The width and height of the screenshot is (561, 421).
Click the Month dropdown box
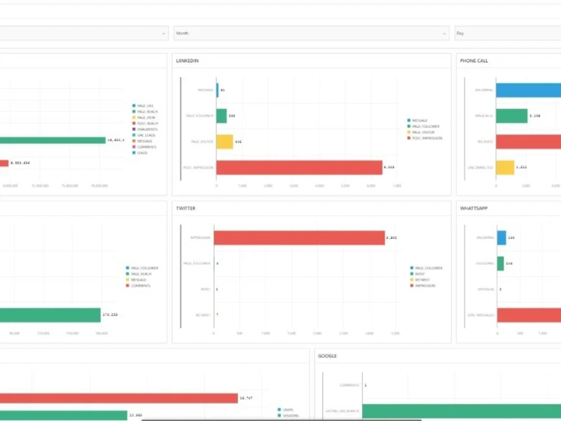coord(311,34)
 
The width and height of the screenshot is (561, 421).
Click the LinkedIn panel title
coord(187,61)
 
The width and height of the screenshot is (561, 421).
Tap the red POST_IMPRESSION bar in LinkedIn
coord(299,167)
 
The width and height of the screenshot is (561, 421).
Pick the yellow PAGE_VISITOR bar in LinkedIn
coord(224,141)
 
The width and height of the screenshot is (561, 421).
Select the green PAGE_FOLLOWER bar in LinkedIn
coord(222,116)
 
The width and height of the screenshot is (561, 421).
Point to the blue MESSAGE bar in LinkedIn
coord(218,90)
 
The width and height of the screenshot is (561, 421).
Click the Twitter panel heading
coord(186,208)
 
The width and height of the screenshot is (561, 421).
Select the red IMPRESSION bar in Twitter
coord(299,237)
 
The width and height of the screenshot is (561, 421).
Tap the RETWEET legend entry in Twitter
coord(422,280)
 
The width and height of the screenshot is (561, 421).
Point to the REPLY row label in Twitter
coord(205,289)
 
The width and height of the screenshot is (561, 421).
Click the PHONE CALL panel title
coord(474,61)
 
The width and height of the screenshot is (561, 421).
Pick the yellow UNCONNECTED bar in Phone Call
coord(505,167)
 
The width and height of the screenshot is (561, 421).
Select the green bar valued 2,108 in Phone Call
coord(512,116)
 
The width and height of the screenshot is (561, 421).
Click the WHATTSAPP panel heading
coord(475,208)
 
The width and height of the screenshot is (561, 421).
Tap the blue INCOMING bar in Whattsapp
coord(502,237)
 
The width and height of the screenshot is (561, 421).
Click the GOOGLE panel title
coord(327,356)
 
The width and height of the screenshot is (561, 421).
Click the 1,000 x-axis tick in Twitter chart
coord(265,333)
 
